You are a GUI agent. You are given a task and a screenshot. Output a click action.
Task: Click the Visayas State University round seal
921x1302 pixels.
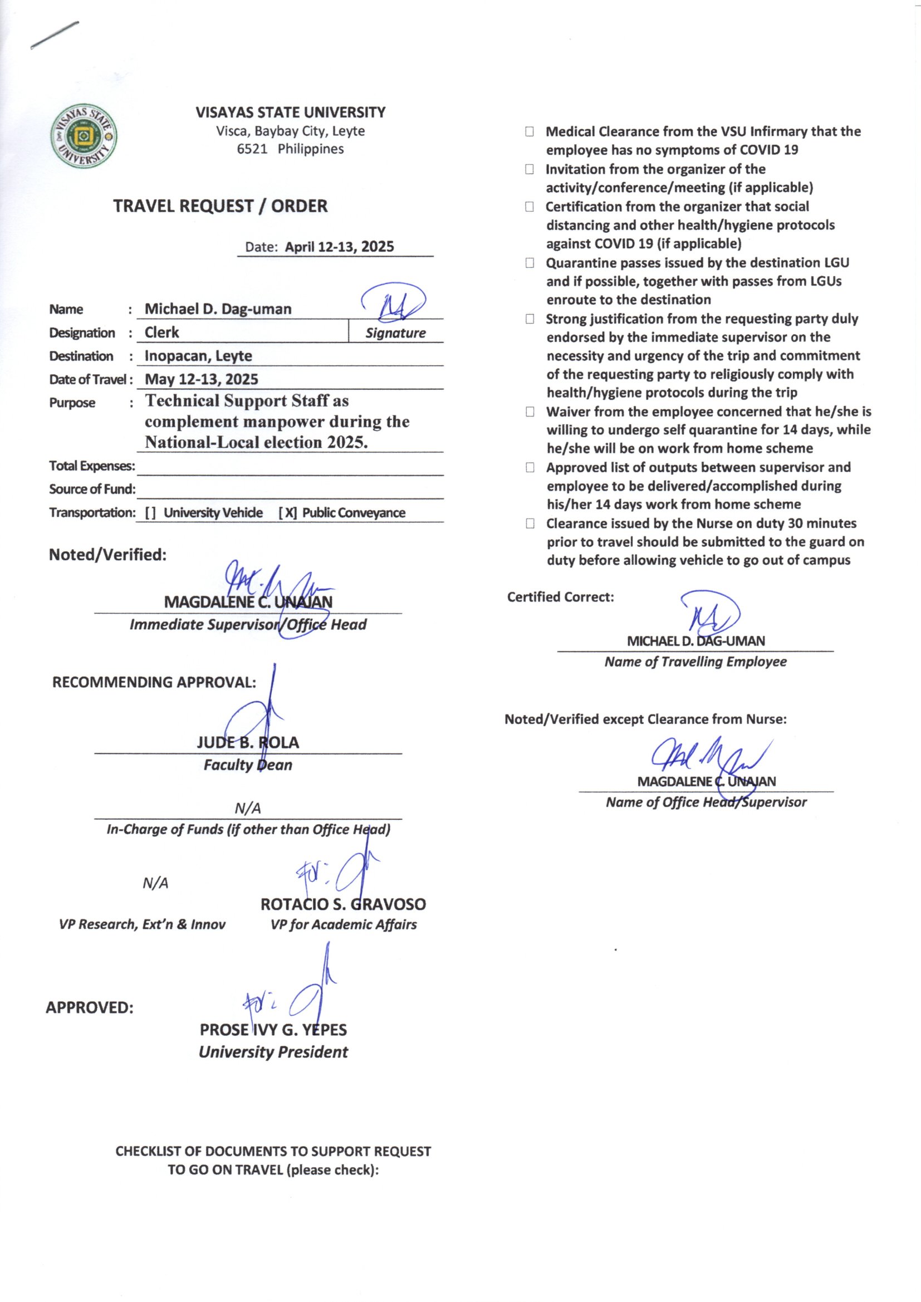pyautogui.click(x=85, y=136)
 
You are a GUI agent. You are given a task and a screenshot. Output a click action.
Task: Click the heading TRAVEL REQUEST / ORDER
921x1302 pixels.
pyautogui.click(x=220, y=206)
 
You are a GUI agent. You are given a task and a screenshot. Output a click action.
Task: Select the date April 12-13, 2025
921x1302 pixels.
pyautogui.click(x=339, y=247)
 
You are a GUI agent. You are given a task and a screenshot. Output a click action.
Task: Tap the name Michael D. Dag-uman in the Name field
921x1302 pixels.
pyautogui.click(x=218, y=309)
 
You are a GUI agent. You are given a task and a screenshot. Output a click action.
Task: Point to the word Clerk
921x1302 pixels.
pyautogui.click(x=161, y=332)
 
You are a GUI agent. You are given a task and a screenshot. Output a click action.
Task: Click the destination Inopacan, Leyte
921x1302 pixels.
pyautogui.click(x=198, y=356)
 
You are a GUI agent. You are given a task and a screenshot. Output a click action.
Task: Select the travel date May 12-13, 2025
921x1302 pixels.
pyautogui.click(x=202, y=379)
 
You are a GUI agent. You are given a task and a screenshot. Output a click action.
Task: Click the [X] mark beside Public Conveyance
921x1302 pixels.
pyautogui.click(x=287, y=513)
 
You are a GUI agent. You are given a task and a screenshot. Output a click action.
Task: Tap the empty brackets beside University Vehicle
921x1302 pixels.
pyautogui.click(x=150, y=513)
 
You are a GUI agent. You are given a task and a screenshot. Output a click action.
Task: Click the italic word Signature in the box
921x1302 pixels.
pyautogui.click(x=395, y=333)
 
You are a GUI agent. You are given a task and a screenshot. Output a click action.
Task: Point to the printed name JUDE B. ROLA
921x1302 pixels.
pyautogui.click(x=248, y=742)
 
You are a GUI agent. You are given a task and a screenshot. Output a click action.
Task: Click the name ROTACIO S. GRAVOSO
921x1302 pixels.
pyautogui.click(x=343, y=904)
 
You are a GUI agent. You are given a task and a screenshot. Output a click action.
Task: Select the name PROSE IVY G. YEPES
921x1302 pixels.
pyautogui.click(x=273, y=1030)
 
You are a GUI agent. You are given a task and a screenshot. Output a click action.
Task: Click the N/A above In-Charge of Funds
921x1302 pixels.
pyautogui.click(x=248, y=808)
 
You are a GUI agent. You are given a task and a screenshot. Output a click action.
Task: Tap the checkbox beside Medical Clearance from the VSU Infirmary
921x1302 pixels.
pyautogui.click(x=529, y=132)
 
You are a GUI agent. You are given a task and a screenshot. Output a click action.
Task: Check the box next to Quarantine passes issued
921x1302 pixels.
pyautogui.click(x=530, y=263)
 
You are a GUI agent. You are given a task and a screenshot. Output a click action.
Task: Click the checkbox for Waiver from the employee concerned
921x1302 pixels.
pyautogui.click(x=530, y=412)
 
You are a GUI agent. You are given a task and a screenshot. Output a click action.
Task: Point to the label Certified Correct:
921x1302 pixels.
pyautogui.click(x=560, y=597)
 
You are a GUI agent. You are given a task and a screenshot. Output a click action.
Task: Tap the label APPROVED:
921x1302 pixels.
pyautogui.click(x=90, y=1008)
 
